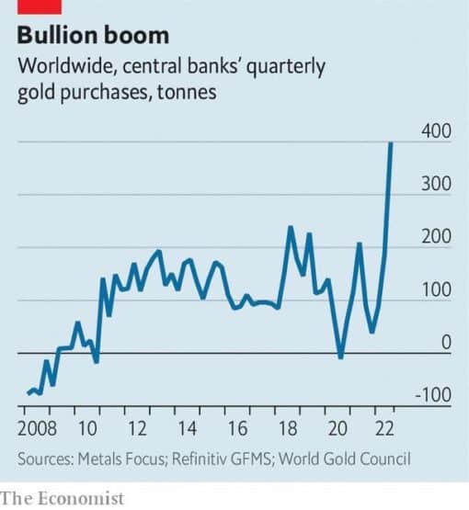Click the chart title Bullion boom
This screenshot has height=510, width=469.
tap(94, 36)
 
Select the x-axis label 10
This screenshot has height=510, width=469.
tap(87, 429)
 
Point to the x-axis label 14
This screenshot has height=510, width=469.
tap(188, 429)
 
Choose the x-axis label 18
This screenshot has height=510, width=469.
tap(288, 429)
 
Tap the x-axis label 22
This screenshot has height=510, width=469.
tap(387, 429)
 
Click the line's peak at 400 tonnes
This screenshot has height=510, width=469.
tap(392, 143)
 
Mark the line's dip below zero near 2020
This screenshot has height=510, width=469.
tap(341, 357)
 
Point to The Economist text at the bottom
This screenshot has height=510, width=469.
tap(63, 497)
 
